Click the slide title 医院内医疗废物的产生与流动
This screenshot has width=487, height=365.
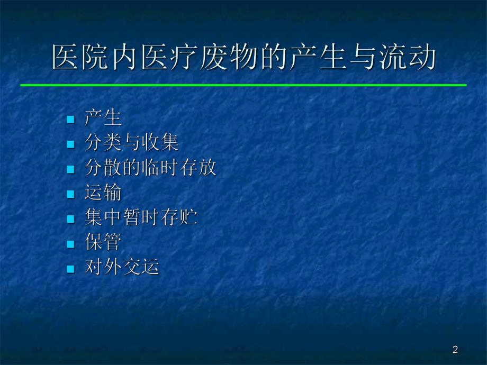[243, 58]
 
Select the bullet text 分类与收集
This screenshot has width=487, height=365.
[132, 143]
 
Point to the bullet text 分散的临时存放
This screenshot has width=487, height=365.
[151, 168]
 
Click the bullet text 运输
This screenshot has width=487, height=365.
[103, 193]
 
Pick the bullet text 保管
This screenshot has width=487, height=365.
[103, 243]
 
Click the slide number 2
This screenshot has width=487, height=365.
[455, 349]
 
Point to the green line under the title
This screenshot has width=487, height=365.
[243, 85]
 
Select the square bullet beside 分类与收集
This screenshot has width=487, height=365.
[70, 144]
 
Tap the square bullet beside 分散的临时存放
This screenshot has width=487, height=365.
[70, 169]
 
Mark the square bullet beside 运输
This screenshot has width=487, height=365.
[70, 194]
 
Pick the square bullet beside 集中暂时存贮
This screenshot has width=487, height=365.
[70, 219]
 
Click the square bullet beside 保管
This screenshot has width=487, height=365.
[70, 244]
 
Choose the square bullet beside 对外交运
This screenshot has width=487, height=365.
[70, 269]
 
